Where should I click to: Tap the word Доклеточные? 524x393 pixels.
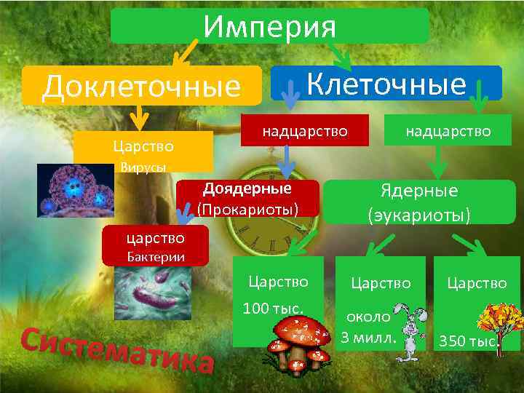141,87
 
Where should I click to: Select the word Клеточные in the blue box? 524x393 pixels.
386,84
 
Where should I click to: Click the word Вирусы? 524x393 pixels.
143,167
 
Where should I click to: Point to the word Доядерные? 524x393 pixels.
247,188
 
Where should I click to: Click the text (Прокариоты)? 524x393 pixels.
248,209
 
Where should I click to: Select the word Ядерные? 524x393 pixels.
419,191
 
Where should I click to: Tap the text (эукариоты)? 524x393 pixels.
419,215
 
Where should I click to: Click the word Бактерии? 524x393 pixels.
156,256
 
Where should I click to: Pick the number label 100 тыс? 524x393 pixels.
273,309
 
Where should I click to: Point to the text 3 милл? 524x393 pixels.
369,338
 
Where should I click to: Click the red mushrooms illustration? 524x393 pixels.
300,342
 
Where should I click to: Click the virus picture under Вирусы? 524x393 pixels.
76,190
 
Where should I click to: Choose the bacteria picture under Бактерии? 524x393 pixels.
153,293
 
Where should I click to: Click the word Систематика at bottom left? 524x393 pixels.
116,349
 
